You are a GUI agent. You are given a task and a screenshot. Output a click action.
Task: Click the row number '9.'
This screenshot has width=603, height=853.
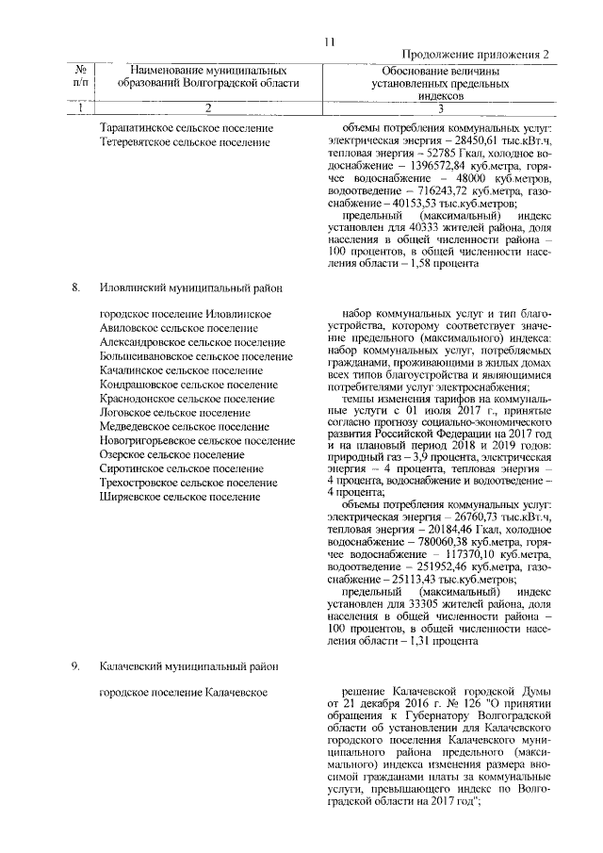[76, 666]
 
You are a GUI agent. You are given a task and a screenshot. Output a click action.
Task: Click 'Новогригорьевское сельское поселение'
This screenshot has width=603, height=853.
[197, 440]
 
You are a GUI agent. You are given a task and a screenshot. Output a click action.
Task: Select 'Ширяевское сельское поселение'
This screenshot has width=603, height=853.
[179, 496]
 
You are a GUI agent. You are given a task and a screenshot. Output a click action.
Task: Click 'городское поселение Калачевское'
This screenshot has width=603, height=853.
[184, 694]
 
